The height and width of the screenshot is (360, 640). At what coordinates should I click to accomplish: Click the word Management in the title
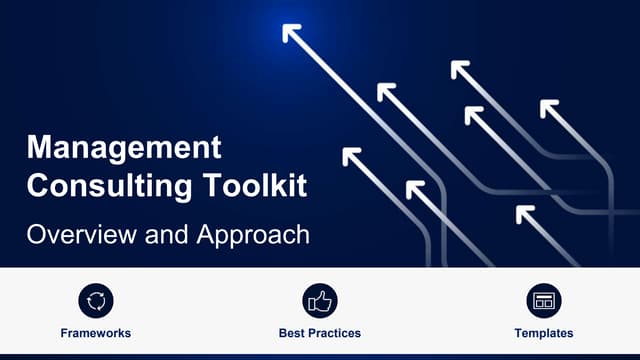(x=124, y=148)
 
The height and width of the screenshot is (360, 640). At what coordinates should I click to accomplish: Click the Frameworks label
(x=95, y=333)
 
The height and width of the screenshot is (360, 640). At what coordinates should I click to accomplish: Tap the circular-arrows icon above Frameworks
(x=95, y=300)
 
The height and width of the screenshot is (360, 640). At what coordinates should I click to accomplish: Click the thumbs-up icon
(x=320, y=300)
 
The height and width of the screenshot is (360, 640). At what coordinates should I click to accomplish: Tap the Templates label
(x=544, y=333)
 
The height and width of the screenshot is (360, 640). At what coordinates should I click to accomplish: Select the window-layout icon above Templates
(x=544, y=300)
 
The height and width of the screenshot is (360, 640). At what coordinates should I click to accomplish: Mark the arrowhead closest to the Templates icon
(x=523, y=212)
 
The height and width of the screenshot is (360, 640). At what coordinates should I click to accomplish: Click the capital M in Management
(x=37, y=148)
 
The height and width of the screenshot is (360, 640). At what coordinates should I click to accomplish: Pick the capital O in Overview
(x=36, y=236)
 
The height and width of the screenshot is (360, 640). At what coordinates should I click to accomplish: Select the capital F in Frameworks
(x=64, y=333)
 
